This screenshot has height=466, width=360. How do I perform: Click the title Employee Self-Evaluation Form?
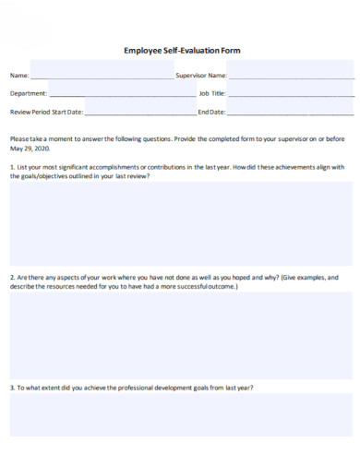point(181,51)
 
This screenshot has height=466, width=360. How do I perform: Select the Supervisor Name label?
point(201,75)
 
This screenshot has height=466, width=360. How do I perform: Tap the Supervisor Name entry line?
point(290,78)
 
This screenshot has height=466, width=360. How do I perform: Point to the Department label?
point(29,93)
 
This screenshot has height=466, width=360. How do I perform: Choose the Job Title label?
point(211,93)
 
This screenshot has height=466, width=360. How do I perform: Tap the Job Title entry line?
point(291,96)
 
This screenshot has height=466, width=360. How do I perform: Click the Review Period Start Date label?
point(46,112)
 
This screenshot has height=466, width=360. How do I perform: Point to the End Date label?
point(211,112)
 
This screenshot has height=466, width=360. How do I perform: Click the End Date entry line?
point(290,114)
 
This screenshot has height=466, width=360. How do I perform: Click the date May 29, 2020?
point(30,148)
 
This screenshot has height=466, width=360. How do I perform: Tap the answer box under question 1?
point(180,223)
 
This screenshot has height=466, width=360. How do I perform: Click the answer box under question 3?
point(180,414)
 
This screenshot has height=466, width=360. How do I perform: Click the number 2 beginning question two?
point(11,277)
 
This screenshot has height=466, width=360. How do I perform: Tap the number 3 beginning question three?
point(11,388)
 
